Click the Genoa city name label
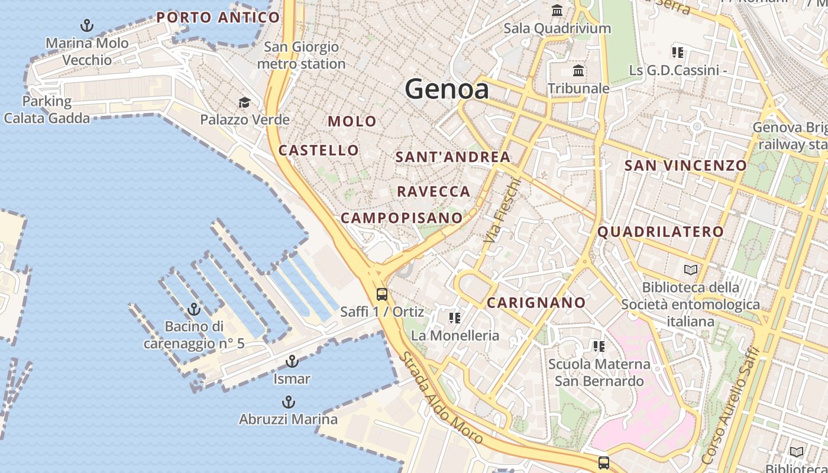[x=447, y=89]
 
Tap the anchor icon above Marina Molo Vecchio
[x=87, y=25]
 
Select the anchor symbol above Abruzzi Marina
[x=288, y=403]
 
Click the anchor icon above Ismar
[x=292, y=361]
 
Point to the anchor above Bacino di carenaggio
[x=193, y=309]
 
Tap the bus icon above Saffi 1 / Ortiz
[x=382, y=294]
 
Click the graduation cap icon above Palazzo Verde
[x=244, y=103]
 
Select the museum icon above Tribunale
[x=578, y=72]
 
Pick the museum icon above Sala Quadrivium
[x=557, y=11]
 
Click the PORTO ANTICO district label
[x=218, y=18]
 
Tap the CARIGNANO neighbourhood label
[x=536, y=303]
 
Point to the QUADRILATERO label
[x=661, y=232]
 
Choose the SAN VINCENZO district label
[x=686, y=166]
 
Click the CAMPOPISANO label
[x=402, y=218]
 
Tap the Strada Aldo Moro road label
[x=441, y=399]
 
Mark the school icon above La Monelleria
[x=454, y=318]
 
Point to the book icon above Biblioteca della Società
[x=690, y=270]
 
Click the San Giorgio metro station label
[x=301, y=55]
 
